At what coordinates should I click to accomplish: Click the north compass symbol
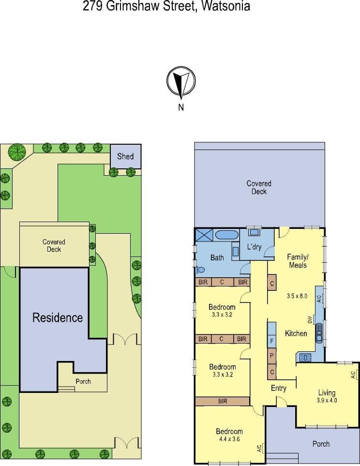[x=181, y=82]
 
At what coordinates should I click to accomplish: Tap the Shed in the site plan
[x=125, y=157]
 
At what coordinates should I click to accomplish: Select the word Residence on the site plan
[x=58, y=317]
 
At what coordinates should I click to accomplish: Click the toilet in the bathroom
[x=199, y=270]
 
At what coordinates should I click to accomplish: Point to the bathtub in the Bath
[x=226, y=235]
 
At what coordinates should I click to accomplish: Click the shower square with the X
[x=204, y=235]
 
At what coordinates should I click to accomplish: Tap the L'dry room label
[x=254, y=246]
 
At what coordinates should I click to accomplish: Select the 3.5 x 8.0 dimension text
[x=297, y=296]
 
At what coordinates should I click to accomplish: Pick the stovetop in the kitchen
[x=305, y=357]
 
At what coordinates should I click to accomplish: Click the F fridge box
[x=272, y=341]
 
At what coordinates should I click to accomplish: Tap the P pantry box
[x=272, y=356]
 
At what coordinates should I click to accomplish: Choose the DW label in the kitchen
[x=310, y=320]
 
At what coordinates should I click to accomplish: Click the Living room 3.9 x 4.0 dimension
[x=327, y=400]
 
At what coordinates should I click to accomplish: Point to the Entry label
[x=279, y=388]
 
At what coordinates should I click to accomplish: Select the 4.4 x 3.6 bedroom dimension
[x=229, y=439]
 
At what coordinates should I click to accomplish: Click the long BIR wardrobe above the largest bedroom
[x=223, y=401]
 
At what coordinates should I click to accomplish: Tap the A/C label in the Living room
[x=353, y=375]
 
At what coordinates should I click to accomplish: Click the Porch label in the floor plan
[x=321, y=444]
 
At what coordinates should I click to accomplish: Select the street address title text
[x=166, y=6]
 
